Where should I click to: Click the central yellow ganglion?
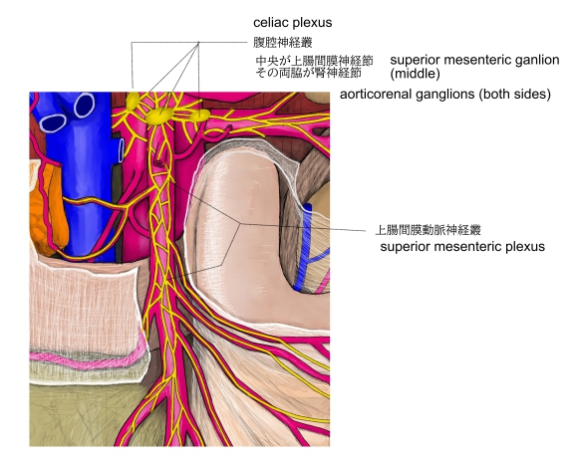tap(159, 115)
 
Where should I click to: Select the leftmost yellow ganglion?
tap(133, 101)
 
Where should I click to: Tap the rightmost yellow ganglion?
tap(200, 115)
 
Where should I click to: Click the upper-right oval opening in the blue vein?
tap(85, 106)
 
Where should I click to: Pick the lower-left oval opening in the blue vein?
tap(53, 122)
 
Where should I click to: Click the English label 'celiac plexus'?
tap(293, 23)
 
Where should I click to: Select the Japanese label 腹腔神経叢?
tap(283, 42)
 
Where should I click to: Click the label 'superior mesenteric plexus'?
tap(462, 246)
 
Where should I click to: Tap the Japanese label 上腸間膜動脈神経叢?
tap(428, 230)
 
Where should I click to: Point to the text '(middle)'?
tap(415, 74)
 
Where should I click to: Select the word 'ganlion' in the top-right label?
tap(537, 60)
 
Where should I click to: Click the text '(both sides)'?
tap(515, 94)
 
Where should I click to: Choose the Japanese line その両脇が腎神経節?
tap(308, 73)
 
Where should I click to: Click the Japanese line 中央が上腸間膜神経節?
tap(314, 61)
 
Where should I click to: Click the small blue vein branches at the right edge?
tap(312, 250)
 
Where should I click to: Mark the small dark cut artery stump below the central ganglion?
tap(159, 163)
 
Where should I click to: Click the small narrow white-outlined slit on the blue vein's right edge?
tap(121, 151)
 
